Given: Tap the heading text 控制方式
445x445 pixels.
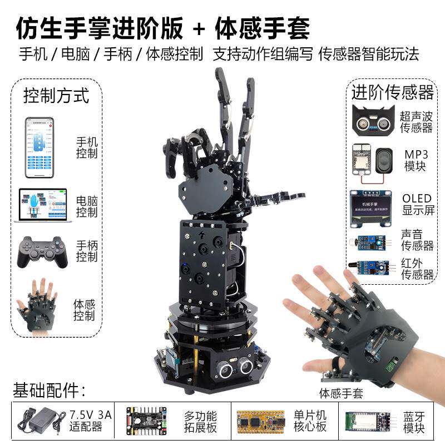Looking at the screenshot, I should (x=56, y=95).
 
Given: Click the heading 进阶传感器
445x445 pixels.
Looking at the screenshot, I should (x=392, y=92).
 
